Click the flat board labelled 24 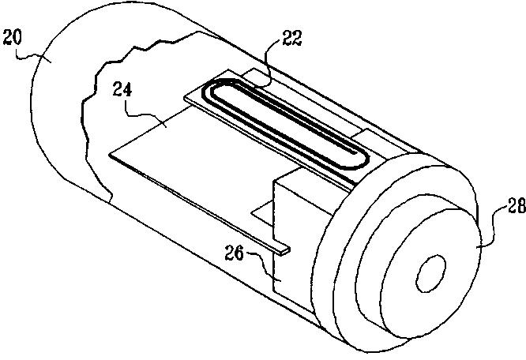pos(197,166)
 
